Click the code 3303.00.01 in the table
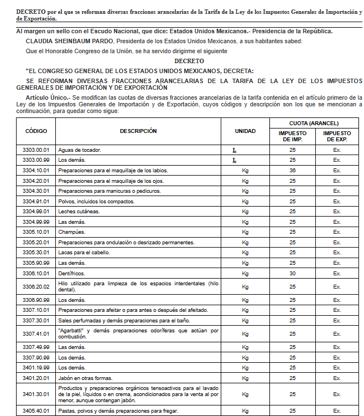tap(36, 150)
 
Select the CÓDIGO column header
tap(36, 131)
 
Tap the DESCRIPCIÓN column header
tap(138, 131)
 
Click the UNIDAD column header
tap(245, 131)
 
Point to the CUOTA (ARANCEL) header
tap(314, 123)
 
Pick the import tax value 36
tap(292, 170)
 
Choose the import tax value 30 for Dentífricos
tap(292, 273)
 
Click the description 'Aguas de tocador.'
tap(79, 150)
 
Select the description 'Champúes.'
tap(72, 232)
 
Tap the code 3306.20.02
tap(36, 286)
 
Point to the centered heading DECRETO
tap(189, 61)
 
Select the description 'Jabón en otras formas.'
tap(85, 378)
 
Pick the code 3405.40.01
tap(36, 410)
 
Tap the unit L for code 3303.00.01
tap(234, 150)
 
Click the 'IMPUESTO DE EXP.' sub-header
tap(337, 136)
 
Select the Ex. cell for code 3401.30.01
tap(337, 394)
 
